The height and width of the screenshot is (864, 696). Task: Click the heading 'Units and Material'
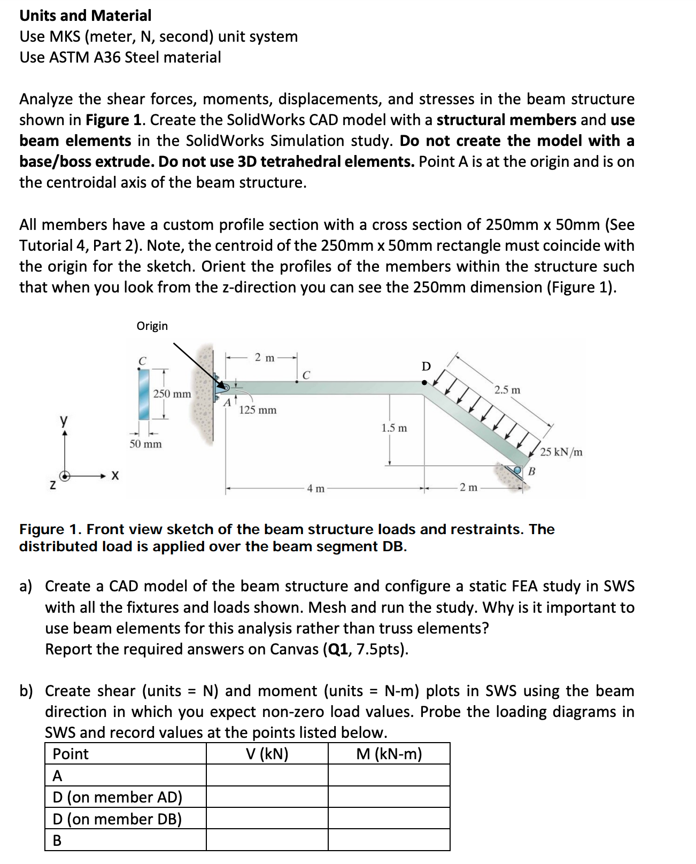click(86, 16)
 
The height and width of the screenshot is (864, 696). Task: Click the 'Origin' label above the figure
click(152, 326)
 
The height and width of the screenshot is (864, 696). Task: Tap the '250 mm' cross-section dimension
click(172, 394)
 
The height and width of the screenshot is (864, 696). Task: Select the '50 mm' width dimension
click(145, 444)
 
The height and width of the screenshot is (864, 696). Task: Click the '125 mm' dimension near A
click(258, 410)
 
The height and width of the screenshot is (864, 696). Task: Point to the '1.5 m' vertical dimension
click(394, 428)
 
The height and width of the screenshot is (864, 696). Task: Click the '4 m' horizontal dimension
click(315, 488)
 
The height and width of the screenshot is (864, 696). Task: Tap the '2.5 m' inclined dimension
click(507, 390)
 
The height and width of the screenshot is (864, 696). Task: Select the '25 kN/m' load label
click(561, 452)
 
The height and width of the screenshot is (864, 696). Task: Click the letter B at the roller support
click(531, 472)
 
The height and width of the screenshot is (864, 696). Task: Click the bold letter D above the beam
click(426, 367)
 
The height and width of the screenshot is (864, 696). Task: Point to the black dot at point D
click(424, 382)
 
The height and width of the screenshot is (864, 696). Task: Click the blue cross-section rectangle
click(144, 394)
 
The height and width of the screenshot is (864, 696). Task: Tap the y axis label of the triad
click(64, 420)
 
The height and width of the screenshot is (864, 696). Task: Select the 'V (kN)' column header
click(267, 754)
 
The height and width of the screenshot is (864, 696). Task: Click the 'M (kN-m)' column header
click(389, 754)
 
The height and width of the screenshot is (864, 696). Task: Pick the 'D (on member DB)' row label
click(117, 819)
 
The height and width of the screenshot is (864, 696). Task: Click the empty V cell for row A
click(267, 775)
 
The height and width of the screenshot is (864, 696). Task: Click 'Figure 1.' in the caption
click(50, 529)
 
